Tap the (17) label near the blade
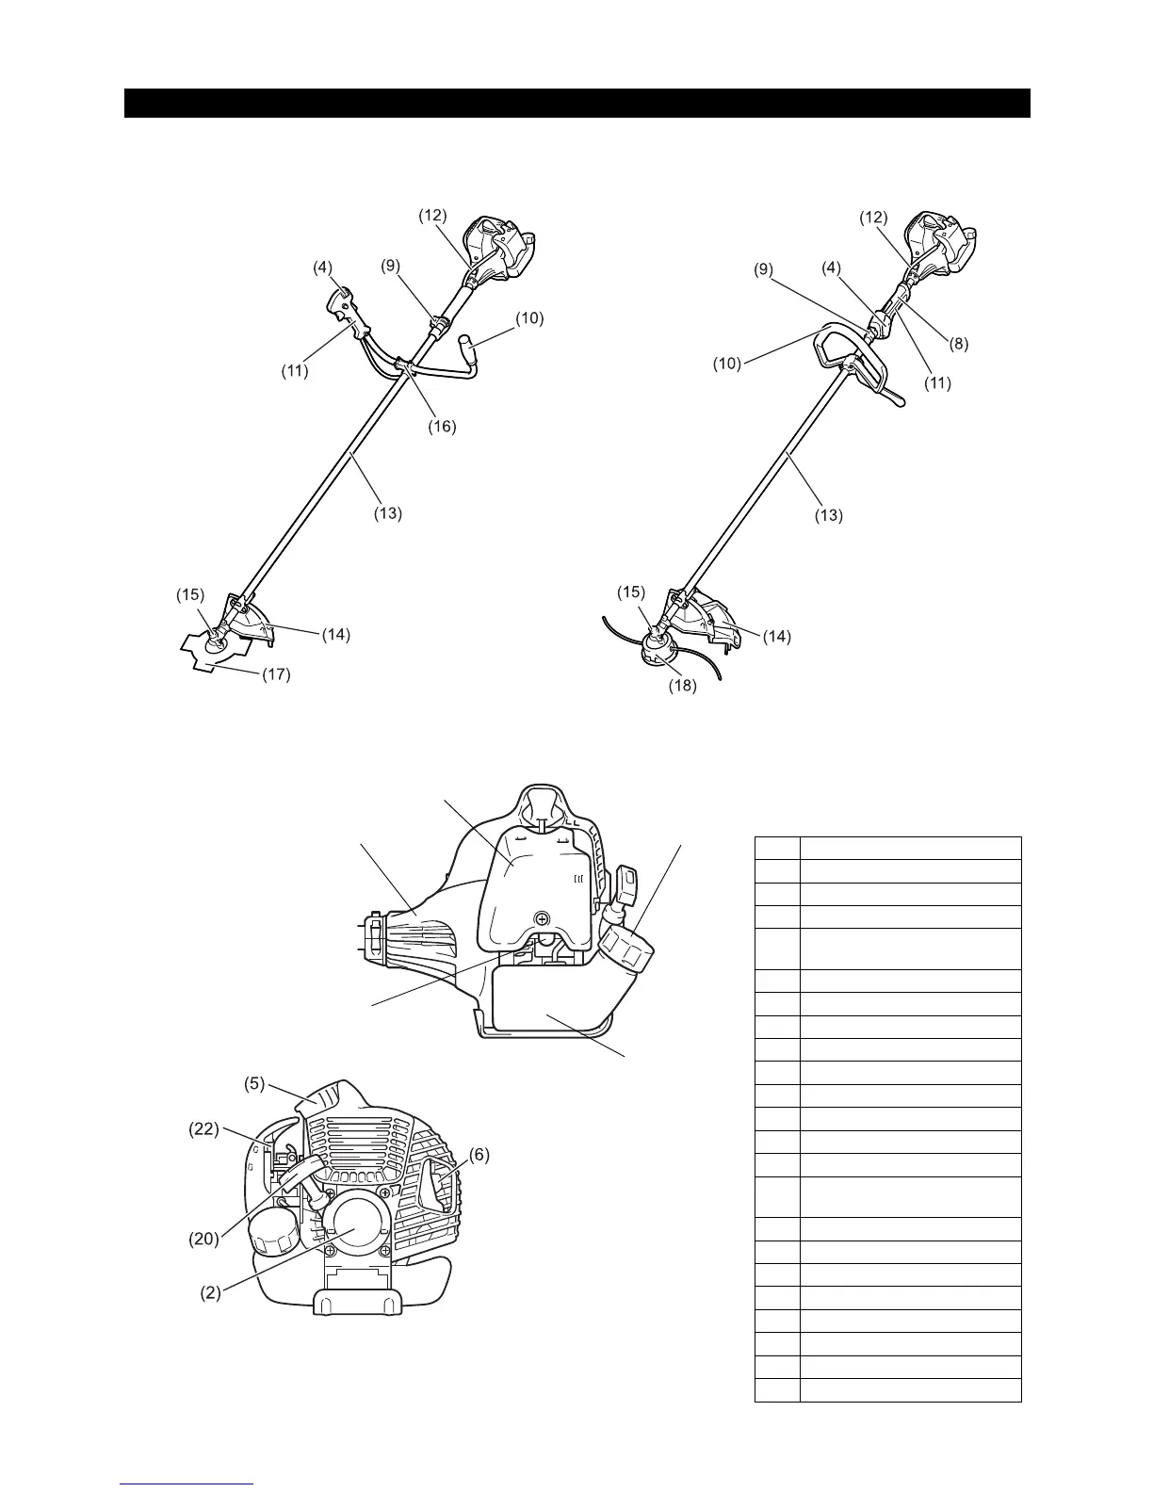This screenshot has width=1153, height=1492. click(276, 674)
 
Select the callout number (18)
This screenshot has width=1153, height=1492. click(682, 686)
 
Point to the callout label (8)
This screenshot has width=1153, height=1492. click(958, 345)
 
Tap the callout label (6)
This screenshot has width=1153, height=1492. click(479, 1155)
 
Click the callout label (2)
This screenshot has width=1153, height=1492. click(210, 1293)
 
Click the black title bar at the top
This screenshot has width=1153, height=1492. click(576, 104)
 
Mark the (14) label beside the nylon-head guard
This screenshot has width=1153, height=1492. click(776, 637)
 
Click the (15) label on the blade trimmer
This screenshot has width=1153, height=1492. click(189, 594)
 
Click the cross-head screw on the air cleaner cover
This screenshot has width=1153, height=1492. click(542, 918)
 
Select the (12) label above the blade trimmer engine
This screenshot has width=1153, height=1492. click(432, 215)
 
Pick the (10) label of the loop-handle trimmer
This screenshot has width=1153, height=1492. click(726, 363)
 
